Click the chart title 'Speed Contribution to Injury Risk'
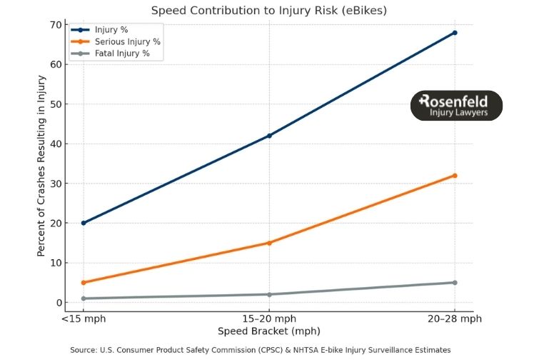[x=269, y=10]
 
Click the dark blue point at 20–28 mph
[x=455, y=33]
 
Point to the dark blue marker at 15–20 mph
[x=269, y=136]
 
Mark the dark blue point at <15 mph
[x=84, y=223]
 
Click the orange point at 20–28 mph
[x=455, y=176]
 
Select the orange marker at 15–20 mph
[x=269, y=243]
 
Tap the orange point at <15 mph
[x=84, y=283]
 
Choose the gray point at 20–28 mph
[x=455, y=283]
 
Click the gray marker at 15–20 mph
[x=269, y=294]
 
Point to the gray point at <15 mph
[x=84, y=299]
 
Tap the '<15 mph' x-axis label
[x=84, y=319]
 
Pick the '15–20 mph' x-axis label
[x=269, y=319]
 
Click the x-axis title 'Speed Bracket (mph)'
[x=269, y=331]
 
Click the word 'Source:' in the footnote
[x=84, y=350]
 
